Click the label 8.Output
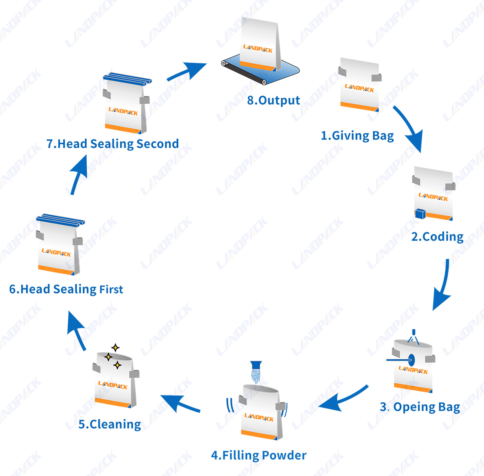tap(273, 101)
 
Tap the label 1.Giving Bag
tap(357, 136)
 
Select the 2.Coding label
tap(437, 237)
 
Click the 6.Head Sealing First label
tap(66, 289)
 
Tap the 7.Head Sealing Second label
tap(113, 144)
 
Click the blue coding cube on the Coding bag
tap(420, 214)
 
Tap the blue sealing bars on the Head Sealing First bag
tap(60, 220)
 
